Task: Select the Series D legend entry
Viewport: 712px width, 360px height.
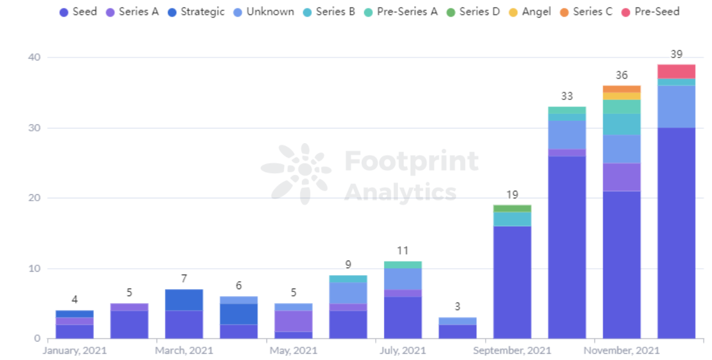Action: tap(473, 12)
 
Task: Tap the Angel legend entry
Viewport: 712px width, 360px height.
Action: tap(530, 12)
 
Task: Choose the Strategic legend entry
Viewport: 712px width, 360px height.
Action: tap(196, 12)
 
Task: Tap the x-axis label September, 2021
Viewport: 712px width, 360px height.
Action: tap(512, 351)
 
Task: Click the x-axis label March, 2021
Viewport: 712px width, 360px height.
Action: tap(184, 351)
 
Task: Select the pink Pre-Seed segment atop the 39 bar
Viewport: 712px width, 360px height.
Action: tap(677, 71)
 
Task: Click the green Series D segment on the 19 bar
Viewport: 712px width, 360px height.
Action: tap(512, 208)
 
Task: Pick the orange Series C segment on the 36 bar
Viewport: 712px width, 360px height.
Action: tap(621, 89)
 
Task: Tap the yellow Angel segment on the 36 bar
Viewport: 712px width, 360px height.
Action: tap(621, 96)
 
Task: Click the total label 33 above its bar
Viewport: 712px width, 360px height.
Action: tap(567, 97)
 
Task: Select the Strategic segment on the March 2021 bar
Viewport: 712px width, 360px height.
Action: tap(184, 300)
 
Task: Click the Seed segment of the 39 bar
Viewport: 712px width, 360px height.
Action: tap(677, 233)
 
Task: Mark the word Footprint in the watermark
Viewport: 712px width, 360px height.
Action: tap(411, 161)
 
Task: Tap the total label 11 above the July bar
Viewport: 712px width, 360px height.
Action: tap(403, 251)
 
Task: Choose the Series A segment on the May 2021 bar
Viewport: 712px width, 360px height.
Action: tap(293, 321)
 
